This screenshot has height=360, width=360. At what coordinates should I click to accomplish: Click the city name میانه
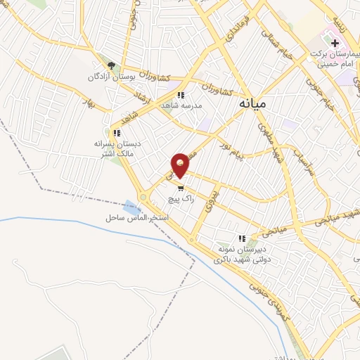pyautogui.click(x=253, y=103)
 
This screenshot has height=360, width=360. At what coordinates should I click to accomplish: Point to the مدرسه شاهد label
pyautogui.click(x=181, y=105)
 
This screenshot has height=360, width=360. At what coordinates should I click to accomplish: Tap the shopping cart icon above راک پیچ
pyautogui.click(x=182, y=188)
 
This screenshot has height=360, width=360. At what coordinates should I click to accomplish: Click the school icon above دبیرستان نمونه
pyautogui.click(x=243, y=239)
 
